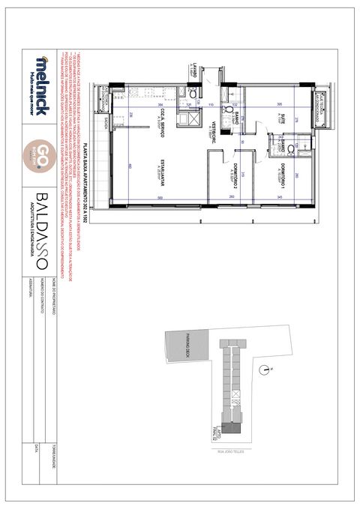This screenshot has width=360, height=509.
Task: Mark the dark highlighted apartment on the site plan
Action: [x=234, y=428]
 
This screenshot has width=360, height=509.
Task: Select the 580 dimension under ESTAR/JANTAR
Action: [x=161, y=198]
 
